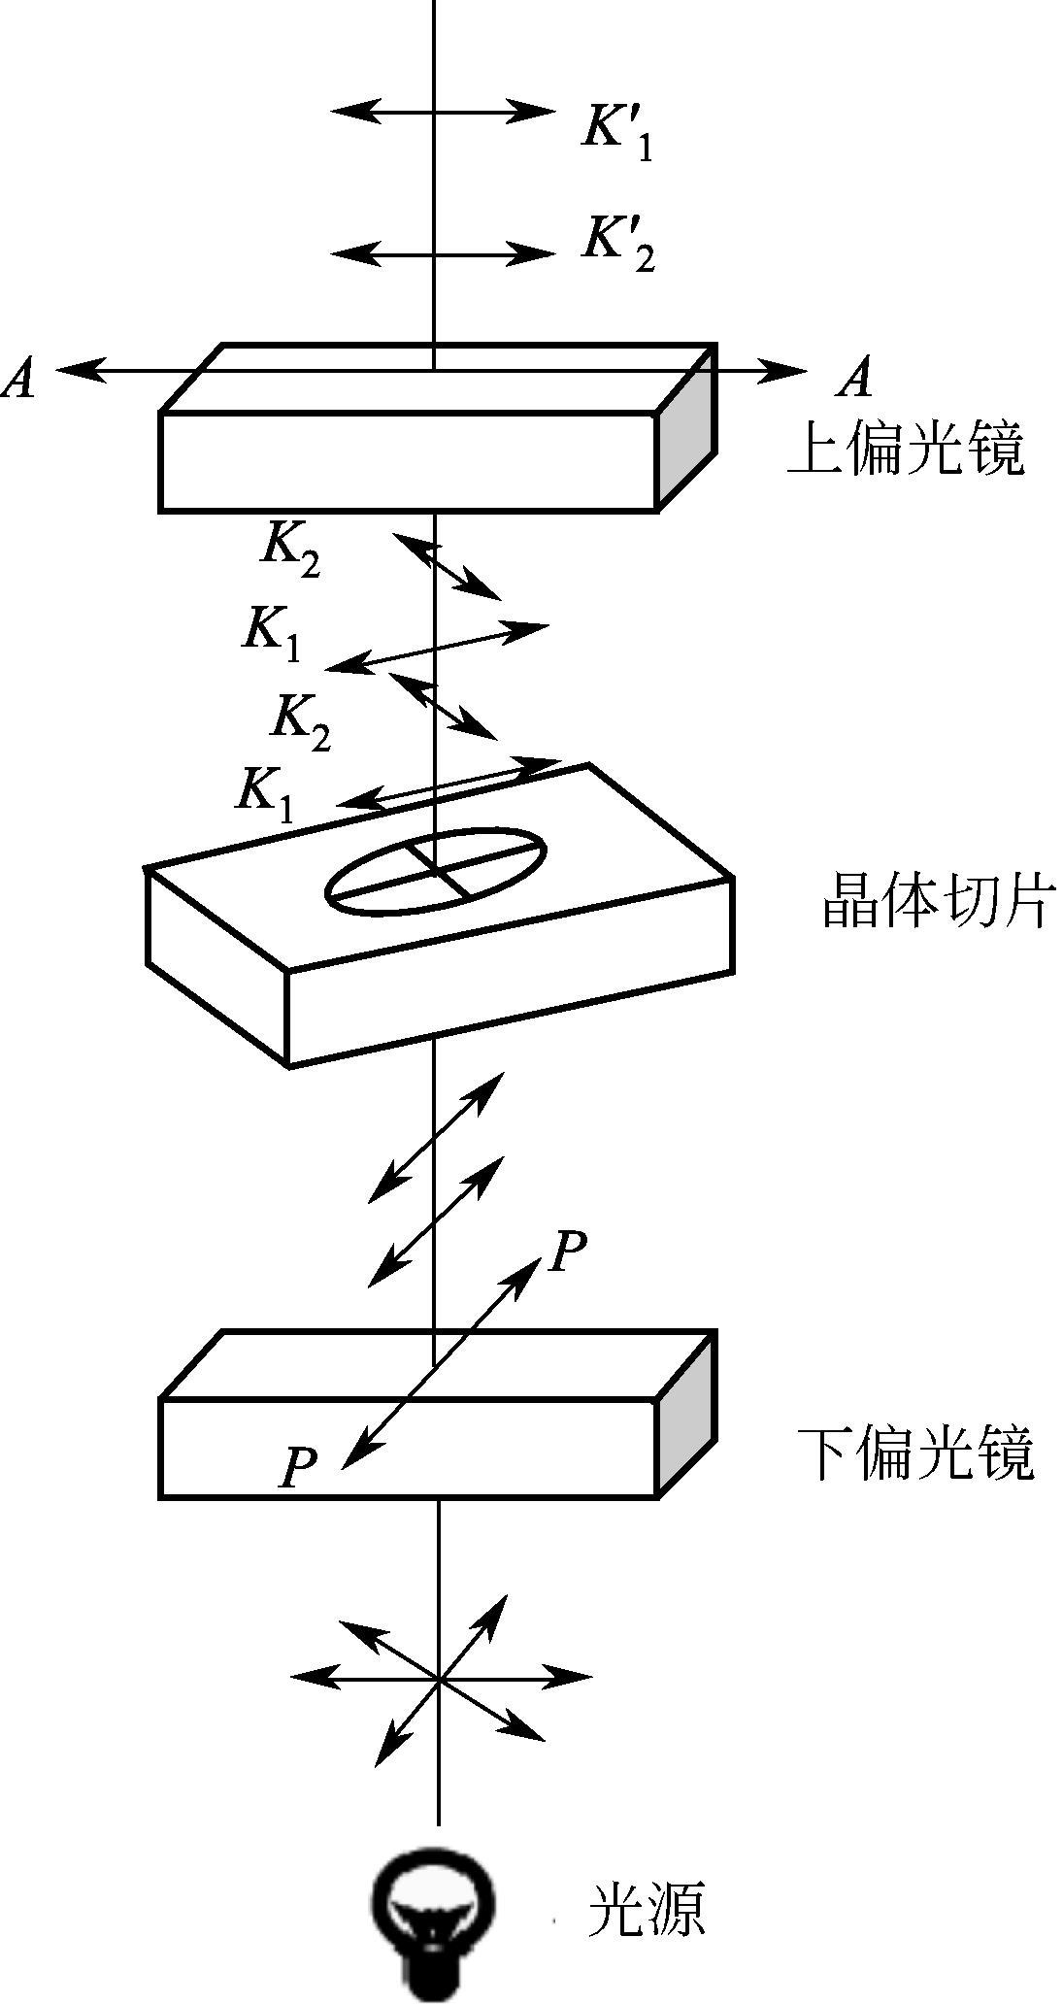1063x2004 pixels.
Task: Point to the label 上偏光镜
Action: pyautogui.click(x=905, y=450)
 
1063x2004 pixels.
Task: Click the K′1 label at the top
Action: pyautogui.click(x=617, y=131)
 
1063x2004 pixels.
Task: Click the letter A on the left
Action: pyautogui.click(x=19, y=378)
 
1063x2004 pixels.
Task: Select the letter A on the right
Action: pyautogui.click(x=855, y=378)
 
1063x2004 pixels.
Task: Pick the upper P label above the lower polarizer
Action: pyautogui.click(x=567, y=1252)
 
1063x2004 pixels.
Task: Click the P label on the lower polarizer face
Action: pyautogui.click(x=299, y=1467)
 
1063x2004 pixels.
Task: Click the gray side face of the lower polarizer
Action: pyautogui.click(x=687, y=1413)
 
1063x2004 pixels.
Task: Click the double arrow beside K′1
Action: pyautogui.click(x=443, y=111)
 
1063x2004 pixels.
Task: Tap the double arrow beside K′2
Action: pyautogui.click(x=443, y=254)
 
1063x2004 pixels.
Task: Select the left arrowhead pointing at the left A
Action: pyautogui.click(x=78, y=370)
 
